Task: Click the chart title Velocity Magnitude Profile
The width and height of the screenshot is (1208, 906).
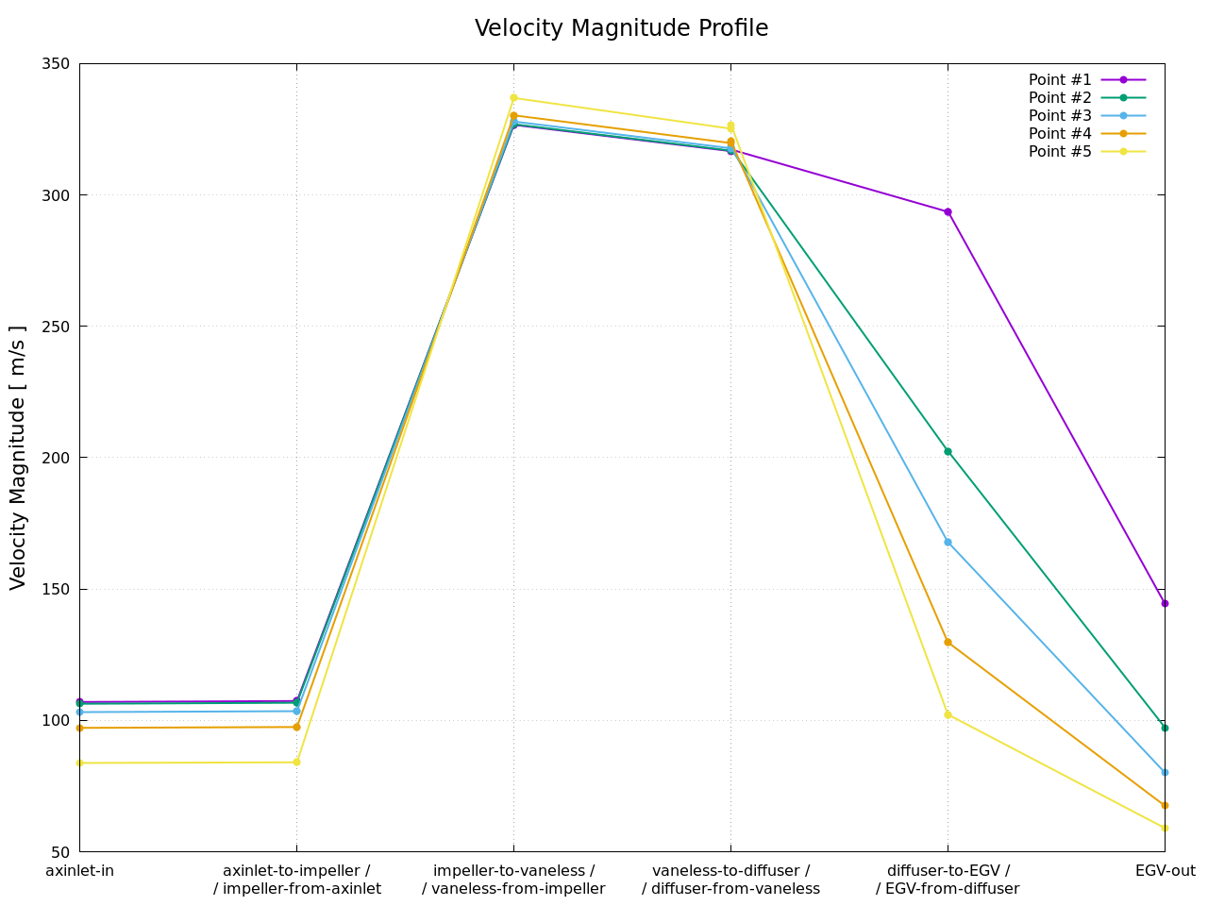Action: point(621,28)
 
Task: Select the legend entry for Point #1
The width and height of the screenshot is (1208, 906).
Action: point(1060,80)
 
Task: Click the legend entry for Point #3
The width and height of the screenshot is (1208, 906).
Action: point(1060,116)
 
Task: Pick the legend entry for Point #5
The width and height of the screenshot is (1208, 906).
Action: point(1060,152)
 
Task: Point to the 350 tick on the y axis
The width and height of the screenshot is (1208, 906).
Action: point(58,64)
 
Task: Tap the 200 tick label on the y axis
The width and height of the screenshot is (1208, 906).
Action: point(58,458)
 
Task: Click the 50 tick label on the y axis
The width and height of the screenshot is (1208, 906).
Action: point(61,851)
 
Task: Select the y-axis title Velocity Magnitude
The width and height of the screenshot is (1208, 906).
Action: point(19,458)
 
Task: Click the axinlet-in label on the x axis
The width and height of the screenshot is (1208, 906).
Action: point(79,870)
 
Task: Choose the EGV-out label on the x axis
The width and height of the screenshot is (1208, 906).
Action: point(1165,870)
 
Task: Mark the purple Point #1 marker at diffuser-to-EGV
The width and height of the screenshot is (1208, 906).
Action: point(948,211)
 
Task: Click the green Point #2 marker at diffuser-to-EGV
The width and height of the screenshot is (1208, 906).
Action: point(948,451)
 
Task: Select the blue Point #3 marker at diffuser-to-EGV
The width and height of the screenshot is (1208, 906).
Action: point(948,542)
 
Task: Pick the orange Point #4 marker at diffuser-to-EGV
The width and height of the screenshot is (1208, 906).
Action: point(948,642)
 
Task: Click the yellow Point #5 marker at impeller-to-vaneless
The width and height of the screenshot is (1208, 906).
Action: point(513,98)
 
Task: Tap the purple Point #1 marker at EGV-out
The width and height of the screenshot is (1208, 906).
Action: point(1165,603)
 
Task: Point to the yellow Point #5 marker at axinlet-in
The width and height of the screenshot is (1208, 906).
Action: point(79,763)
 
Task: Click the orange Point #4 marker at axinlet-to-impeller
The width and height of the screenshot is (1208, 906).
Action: point(296,727)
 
